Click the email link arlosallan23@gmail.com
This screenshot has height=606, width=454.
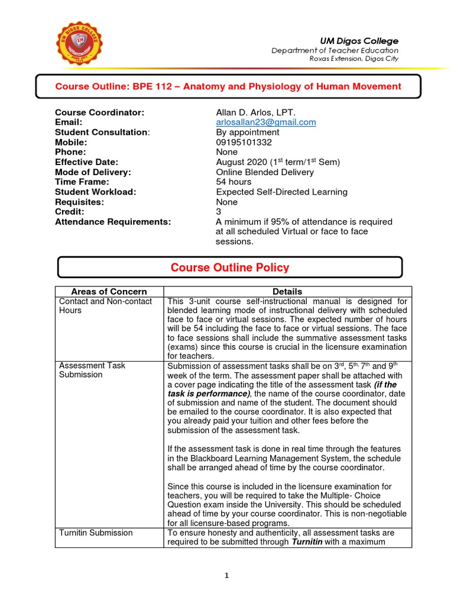click(x=266, y=123)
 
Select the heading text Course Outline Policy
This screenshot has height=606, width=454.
click(x=230, y=267)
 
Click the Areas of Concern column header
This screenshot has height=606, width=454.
click(x=109, y=291)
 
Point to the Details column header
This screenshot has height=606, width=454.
click(x=287, y=291)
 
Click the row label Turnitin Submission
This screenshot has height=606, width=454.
click(x=96, y=533)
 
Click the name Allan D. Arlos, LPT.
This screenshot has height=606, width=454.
click(x=256, y=112)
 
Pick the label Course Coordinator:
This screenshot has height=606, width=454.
click(x=99, y=112)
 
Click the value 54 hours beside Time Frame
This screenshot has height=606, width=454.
click(x=234, y=182)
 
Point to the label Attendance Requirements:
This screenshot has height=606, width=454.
click(x=113, y=221)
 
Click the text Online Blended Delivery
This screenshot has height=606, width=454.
click(x=265, y=172)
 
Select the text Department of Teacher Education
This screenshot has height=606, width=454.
click(x=335, y=50)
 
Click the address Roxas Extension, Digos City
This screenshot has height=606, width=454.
click(x=354, y=59)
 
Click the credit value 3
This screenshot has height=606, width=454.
click(x=219, y=212)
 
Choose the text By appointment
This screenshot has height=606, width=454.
click(x=248, y=133)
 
